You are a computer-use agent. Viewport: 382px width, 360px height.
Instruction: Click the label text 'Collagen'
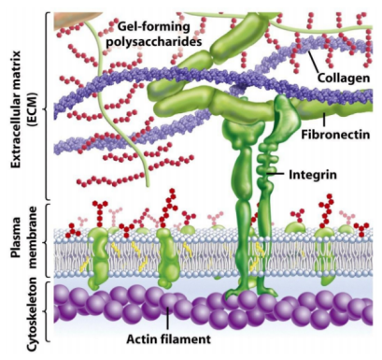pyautogui.click(x=344, y=78)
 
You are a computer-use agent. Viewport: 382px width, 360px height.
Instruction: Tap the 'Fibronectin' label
pyautogui.click(x=335, y=135)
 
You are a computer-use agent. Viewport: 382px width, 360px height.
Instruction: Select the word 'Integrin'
pyautogui.click(x=313, y=175)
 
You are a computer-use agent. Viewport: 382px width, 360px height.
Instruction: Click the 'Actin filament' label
pyautogui.click(x=168, y=338)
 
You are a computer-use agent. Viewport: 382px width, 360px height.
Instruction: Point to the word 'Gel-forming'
pyautogui.click(x=154, y=28)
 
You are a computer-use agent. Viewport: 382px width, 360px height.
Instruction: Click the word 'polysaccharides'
pyautogui.click(x=154, y=41)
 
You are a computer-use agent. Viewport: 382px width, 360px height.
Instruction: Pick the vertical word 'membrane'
pyautogui.click(x=32, y=238)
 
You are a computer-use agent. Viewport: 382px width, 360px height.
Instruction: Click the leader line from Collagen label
pyautogui.click(x=316, y=63)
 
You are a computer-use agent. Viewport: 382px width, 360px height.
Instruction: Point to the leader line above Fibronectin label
pyautogui.click(x=324, y=120)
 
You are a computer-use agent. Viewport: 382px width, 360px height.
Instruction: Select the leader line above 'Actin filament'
pyautogui.click(x=167, y=319)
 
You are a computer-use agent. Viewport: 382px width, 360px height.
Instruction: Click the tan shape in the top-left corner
pyautogui.click(x=67, y=20)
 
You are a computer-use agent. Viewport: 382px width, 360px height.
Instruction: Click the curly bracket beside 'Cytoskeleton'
pyautogui.click(x=48, y=312)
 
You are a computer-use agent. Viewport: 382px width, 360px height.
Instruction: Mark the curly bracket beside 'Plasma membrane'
pyautogui.click(x=48, y=240)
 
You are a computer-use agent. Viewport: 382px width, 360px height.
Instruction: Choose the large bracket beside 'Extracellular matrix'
pyautogui.click(x=48, y=107)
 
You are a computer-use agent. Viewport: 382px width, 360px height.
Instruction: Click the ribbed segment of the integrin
pyautogui.click(x=265, y=166)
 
